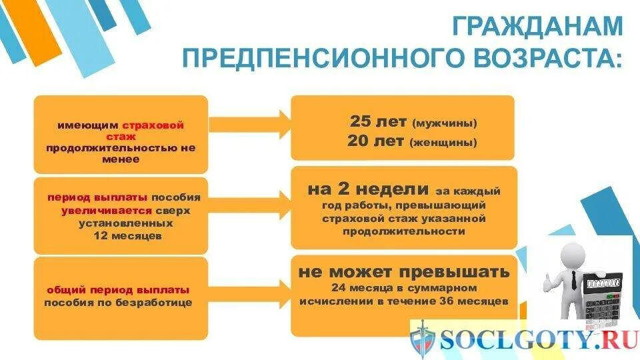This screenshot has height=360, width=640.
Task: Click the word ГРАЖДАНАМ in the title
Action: coord(537,27)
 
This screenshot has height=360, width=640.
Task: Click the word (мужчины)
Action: coord(445,124)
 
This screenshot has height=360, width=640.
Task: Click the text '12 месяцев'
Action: coord(120,235)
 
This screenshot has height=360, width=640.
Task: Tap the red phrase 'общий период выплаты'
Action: coord(118,290)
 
